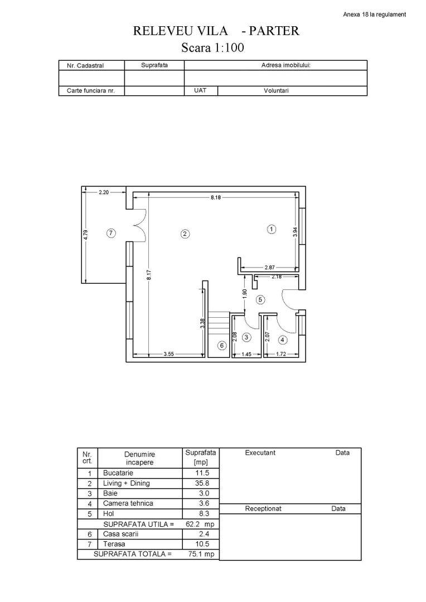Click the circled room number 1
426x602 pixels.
point(272,229)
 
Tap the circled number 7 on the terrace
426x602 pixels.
point(111,234)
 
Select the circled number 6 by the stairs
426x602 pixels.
point(221,346)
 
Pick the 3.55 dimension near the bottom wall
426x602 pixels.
point(169,354)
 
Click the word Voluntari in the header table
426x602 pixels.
point(276,90)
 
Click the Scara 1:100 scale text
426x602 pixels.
point(213,48)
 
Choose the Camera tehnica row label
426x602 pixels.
point(128,503)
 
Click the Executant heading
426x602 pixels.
point(260,453)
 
